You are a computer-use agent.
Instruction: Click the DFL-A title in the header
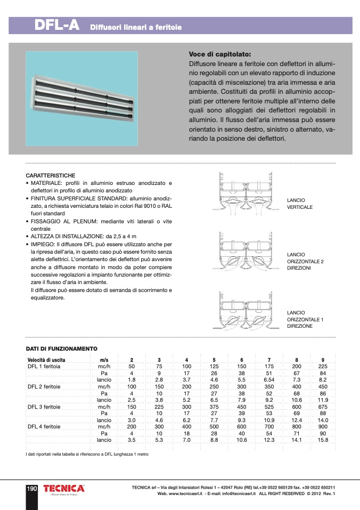(x=56, y=25)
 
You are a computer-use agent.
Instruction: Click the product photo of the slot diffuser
(x=81, y=99)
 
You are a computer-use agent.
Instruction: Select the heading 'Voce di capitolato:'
(x=219, y=54)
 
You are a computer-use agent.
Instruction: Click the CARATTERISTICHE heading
(x=51, y=175)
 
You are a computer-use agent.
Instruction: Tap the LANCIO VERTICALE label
(x=300, y=204)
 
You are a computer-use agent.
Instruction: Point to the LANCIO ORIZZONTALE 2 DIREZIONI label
(x=305, y=261)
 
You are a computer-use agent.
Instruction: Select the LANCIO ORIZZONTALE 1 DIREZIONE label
(x=305, y=319)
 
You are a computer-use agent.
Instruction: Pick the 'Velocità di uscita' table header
(x=46, y=360)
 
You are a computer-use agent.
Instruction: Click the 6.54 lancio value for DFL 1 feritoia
(x=269, y=379)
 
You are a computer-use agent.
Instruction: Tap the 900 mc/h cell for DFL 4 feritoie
(x=323, y=427)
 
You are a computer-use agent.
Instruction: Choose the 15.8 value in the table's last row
(x=323, y=440)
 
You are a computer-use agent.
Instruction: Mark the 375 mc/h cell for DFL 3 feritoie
(x=214, y=407)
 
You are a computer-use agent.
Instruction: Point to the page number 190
(x=31, y=488)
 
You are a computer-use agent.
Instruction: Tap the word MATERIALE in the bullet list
(x=45, y=183)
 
